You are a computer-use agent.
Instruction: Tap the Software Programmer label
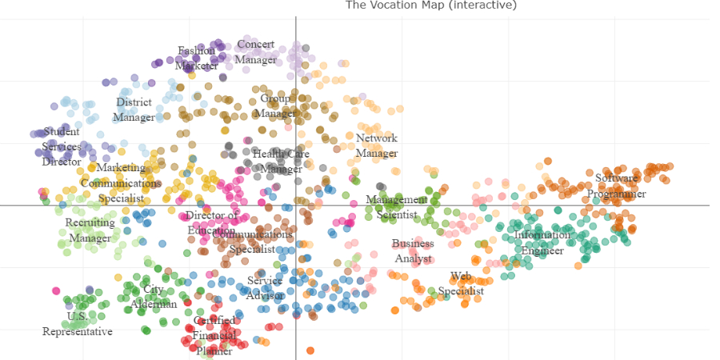[x=617, y=186]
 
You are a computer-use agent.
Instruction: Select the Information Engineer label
[x=542, y=243]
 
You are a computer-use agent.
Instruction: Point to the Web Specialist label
[x=461, y=284]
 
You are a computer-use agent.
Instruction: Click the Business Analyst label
[x=413, y=251]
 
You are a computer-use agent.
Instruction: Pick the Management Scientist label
[x=397, y=207]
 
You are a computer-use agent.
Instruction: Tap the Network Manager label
[x=376, y=146]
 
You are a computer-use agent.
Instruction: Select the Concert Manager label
[x=256, y=52]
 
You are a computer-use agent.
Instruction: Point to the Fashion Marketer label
[x=197, y=58]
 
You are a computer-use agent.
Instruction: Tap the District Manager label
[x=134, y=110]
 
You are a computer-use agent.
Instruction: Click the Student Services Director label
[x=62, y=146]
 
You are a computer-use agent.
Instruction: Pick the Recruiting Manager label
[x=90, y=230]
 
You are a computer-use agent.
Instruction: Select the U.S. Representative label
[x=78, y=324]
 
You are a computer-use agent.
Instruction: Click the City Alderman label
[x=154, y=297]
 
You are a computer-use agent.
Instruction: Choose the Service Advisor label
[x=265, y=288]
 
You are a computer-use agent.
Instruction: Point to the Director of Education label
[x=211, y=223]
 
